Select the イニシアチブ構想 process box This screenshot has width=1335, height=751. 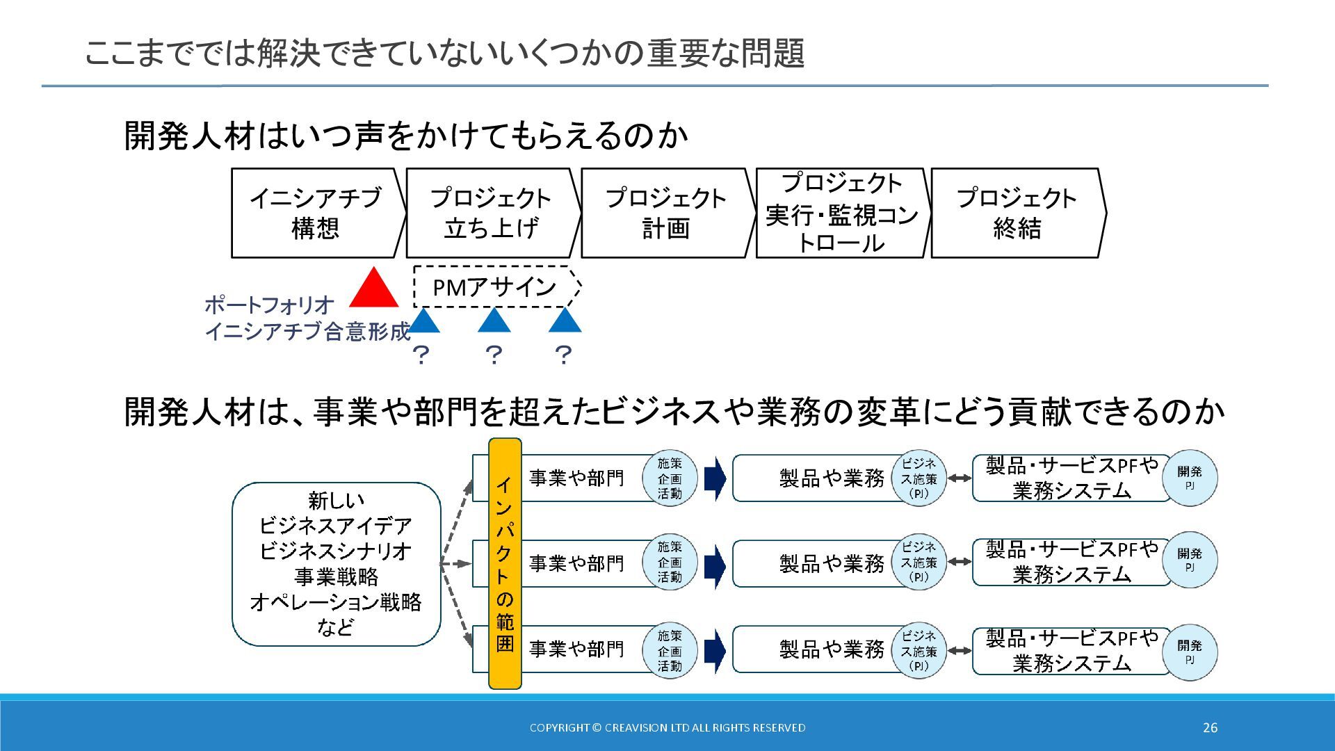[x=316, y=213]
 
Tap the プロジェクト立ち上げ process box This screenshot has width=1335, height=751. [x=491, y=213]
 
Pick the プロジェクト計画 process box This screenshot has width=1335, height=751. [x=666, y=213]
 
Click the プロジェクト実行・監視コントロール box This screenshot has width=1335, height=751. [x=841, y=213]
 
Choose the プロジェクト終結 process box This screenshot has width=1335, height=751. [x=1017, y=213]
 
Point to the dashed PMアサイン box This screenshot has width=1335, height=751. [x=495, y=286]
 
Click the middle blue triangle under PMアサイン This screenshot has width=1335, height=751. [x=494, y=321]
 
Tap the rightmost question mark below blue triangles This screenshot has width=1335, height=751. [x=563, y=355]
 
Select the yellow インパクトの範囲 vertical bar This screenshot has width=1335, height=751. [x=505, y=563]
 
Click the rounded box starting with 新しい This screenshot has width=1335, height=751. [x=336, y=563]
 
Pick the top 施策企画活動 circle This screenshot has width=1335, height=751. [x=670, y=478]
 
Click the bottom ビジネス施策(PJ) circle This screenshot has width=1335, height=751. [x=919, y=651]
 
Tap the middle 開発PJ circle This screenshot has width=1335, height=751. [x=1190, y=560]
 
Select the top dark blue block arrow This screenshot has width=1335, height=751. [x=715, y=478]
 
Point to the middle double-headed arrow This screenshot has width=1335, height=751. [x=960, y=562]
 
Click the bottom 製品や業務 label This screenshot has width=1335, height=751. [x=832, y=649]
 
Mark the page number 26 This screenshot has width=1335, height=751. [x=1210, y=727]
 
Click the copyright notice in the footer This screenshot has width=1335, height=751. [x=667, y=727]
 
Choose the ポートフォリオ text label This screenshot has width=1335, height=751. [x=269, y=305]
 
